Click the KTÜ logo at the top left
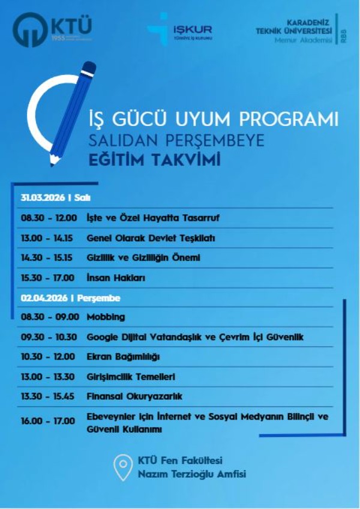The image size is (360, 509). [x=53, y=30]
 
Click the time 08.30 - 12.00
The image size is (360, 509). [x=49, y=217]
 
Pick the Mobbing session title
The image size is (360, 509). [x=106, y=317]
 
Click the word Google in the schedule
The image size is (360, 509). [x=103, y=337]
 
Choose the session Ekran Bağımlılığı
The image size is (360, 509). [x=123, y=357]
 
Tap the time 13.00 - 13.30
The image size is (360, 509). [x=48, y=377]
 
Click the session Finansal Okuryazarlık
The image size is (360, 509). [x=134, y=397]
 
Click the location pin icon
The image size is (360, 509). [x=123, y=466]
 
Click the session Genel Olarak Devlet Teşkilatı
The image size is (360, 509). [x=151, y=238]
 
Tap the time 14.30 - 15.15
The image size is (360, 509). [x=48, y=258]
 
